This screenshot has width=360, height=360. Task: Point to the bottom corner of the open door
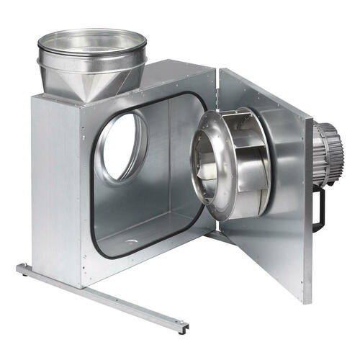pyautogui.click(x=306, y=299)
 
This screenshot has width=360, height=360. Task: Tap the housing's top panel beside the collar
pyautogui.click(x=173, y=79)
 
